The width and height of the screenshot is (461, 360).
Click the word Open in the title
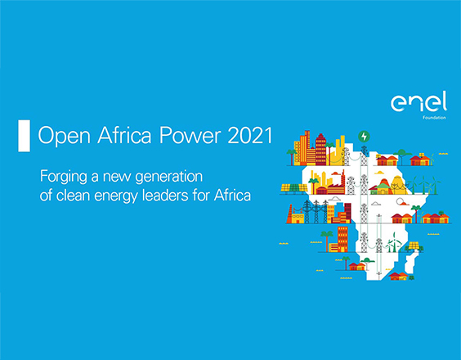pyautogui.click(x=64, y=137)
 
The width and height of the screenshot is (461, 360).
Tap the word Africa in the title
pyautogui.click(x=124, y=135)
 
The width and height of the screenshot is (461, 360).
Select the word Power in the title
pyautogui.click(x=190, y=135)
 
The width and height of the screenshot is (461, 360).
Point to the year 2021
pyautogui.click(x=250, y=135)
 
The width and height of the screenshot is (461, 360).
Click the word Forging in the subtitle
pyautogui.click(x=64, y=178)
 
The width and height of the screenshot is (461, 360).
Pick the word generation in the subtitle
pyautogui.click(x=168, y=178)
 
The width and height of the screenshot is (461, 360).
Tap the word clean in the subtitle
pyautogui.click(x=74, y=196)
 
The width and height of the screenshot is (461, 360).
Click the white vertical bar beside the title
pyautogui.click(x=24, y=136)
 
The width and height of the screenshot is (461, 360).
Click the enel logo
pyautogui.click(x=419, y=101)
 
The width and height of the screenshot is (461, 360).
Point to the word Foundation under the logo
pyautogui.click(x=434, y=118)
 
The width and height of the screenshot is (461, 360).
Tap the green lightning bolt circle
pyautogui.click(x=364, y=137)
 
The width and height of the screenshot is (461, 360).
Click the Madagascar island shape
pyautogui.click(x=410, y=263)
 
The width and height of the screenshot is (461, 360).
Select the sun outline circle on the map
pyautogui.click(x=400, y=202)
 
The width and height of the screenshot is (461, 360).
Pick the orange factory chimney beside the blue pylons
pyautogui.click(x=290, y=214)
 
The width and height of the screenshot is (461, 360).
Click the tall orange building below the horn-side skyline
pyautogui.click(x=342, y=239)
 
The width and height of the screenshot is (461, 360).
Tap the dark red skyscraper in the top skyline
pyautogui.click(x=320, y=149)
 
